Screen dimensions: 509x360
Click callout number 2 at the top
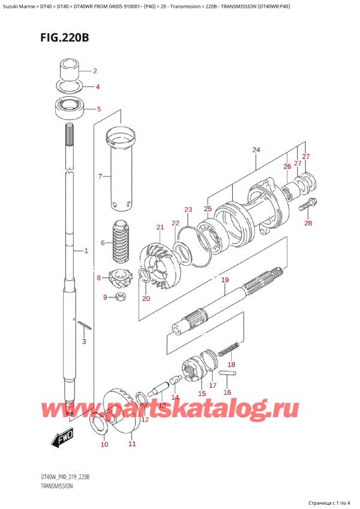(x=95, y=70)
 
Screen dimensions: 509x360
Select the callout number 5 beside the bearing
(x=100, y=109)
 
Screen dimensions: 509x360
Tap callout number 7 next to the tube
(x=101, y=176)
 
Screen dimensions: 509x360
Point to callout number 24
(x=256, y=149)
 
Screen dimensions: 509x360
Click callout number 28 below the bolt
(x=309, y=224)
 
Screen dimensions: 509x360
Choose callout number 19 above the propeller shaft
(x=225, y=280)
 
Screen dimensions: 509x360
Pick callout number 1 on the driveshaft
(x=86, y=251)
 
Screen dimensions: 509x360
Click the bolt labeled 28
(x=305, y=205)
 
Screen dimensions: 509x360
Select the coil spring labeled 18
(x=231, y=350)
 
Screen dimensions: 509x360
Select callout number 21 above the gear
(x=160, y=227)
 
